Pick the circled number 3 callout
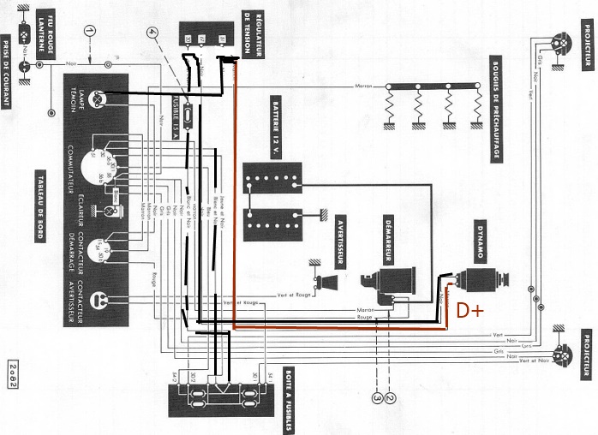click(377, 396)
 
